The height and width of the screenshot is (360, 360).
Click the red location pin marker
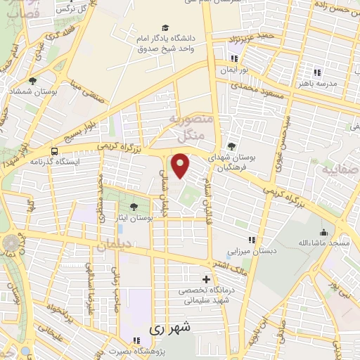(x=181, y=166)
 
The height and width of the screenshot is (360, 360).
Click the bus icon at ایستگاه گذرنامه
(x=55, y=150)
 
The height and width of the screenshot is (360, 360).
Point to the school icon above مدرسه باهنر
(x=317, y=72)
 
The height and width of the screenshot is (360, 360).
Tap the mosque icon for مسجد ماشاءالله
(x=323, y=232)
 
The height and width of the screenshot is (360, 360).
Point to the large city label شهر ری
(x=170, y=328)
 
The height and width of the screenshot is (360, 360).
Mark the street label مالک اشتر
(x=232, y=265)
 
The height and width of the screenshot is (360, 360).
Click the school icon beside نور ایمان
(x=234, y=58)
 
